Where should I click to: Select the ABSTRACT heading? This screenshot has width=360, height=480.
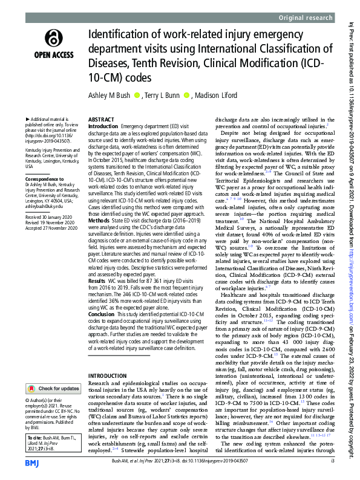click(x=102, y=120)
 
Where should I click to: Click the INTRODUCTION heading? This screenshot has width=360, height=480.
click(x=108, y=375)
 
